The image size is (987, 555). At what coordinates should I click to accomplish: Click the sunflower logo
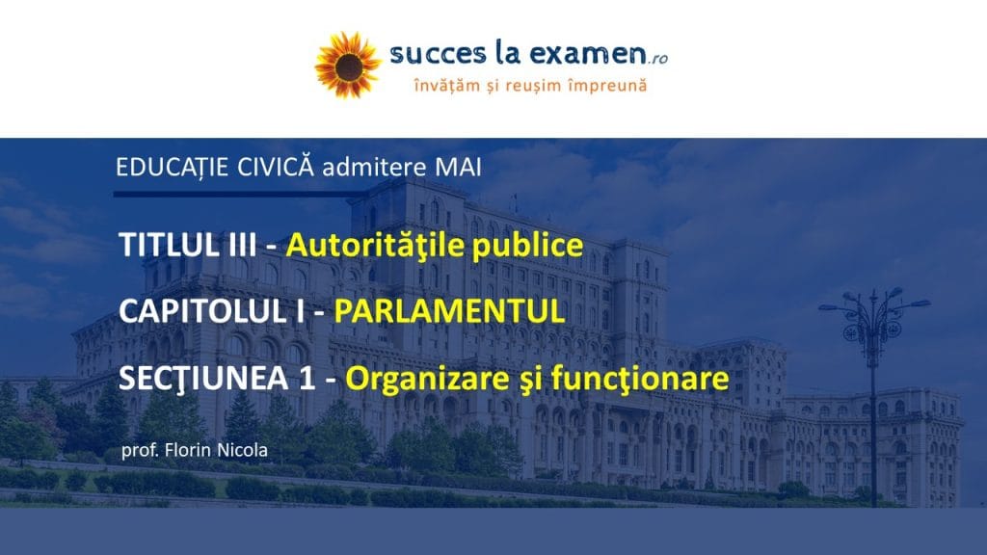point(347,66)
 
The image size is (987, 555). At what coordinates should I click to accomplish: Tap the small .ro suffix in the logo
point(657,59)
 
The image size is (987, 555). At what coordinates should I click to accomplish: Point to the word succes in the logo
point(439,55)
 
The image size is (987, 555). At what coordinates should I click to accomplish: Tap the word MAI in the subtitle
point(458,168)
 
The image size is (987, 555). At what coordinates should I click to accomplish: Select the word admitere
point(375,168)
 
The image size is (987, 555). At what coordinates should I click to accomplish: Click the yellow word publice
point(527,246)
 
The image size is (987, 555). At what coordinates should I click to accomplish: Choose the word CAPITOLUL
point(201,311)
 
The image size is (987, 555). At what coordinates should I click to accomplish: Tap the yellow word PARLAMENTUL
point(449,311)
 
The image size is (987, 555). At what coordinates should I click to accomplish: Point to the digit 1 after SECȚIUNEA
point(307,379)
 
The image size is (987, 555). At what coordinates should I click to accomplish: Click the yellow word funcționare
point(640,379)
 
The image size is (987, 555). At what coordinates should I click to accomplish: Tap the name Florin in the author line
point(188,451)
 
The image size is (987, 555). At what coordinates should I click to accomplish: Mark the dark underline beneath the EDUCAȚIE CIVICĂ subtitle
point(239,195)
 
